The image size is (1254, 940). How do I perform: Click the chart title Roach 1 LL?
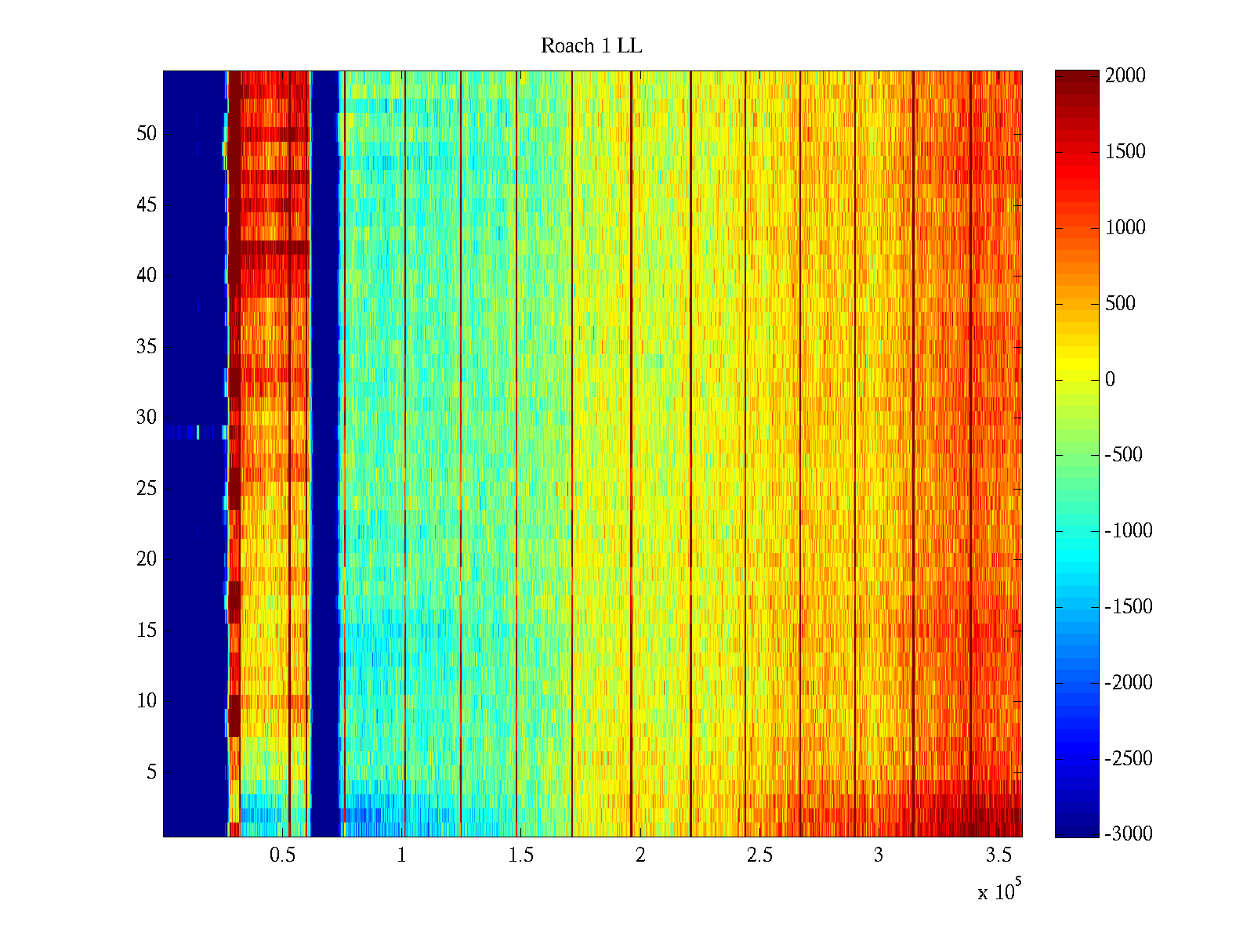click(x=591, y=46)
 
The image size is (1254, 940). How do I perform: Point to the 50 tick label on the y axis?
click(x=147, y=134)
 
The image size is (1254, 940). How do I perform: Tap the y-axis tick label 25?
click(x=147, y=489)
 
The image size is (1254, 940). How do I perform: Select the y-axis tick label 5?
click(x=151, y=772)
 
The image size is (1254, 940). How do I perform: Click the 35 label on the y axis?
click(x=147, y=347)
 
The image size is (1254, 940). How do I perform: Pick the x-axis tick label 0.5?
click(x=282, y=855)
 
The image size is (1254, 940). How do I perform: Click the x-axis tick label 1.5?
click(x=520, y=855)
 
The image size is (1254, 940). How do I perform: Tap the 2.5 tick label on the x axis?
click(x=759, y=855)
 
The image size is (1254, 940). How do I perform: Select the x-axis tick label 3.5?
click(x=998, y=855)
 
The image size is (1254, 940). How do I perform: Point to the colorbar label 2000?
click(x=1125, y=76)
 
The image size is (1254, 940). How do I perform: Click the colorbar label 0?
click(x=1110, y=380)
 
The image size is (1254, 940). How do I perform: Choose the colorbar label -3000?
click(x=1129, y=834)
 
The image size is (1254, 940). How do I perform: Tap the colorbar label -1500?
click(x=1129, y=607)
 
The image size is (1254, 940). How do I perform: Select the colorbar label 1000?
click(x=1125, y=228)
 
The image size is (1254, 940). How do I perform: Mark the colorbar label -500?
click(x=1124, y=455)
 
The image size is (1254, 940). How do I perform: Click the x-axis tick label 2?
click(x=640, y=855)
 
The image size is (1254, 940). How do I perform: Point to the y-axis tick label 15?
click(x=147, y=631)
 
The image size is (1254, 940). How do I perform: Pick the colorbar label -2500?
click(x=1129, y=759)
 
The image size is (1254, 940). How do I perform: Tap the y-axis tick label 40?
click(x=147, y=276)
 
